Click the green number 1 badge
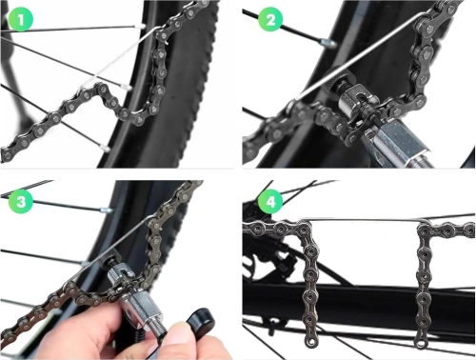tap(20, 20)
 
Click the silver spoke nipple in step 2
tap(327, 42)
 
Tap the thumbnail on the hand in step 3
tap(178, 334)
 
